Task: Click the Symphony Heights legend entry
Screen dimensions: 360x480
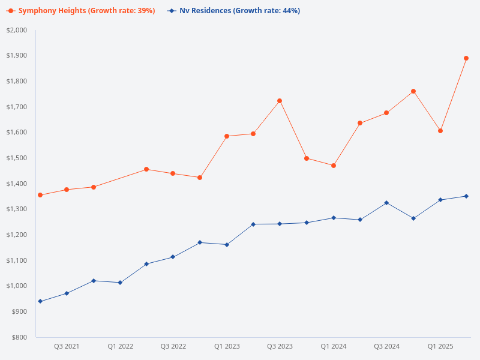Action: point(80,11)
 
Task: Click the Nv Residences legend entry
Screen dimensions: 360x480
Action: point(234,11)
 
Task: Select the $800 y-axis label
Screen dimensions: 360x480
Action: point(19,337)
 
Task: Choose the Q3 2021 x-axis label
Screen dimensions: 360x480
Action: point(67,346)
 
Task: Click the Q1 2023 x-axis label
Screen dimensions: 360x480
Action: point(227,346)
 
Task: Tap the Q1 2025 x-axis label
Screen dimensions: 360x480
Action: point(440,346)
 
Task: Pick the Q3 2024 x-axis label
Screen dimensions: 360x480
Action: point(386,346)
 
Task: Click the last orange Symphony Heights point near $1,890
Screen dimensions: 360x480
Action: point(466,58)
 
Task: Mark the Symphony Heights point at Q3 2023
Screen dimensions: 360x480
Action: point(280,101)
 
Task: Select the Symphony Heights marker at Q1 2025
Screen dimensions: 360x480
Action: point(440,130)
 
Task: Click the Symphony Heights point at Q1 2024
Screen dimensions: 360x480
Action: point(334,166)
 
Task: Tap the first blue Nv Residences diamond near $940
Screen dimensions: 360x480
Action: point(40,301)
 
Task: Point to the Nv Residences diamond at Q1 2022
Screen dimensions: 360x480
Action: point(120,283)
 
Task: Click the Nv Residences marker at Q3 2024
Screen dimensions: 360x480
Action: point(386,203)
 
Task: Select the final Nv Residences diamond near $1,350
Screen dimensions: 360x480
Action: point(466,196)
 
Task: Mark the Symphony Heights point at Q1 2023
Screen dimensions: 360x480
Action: point(227,136)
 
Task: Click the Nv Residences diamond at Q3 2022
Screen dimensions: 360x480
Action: point(173,257)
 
